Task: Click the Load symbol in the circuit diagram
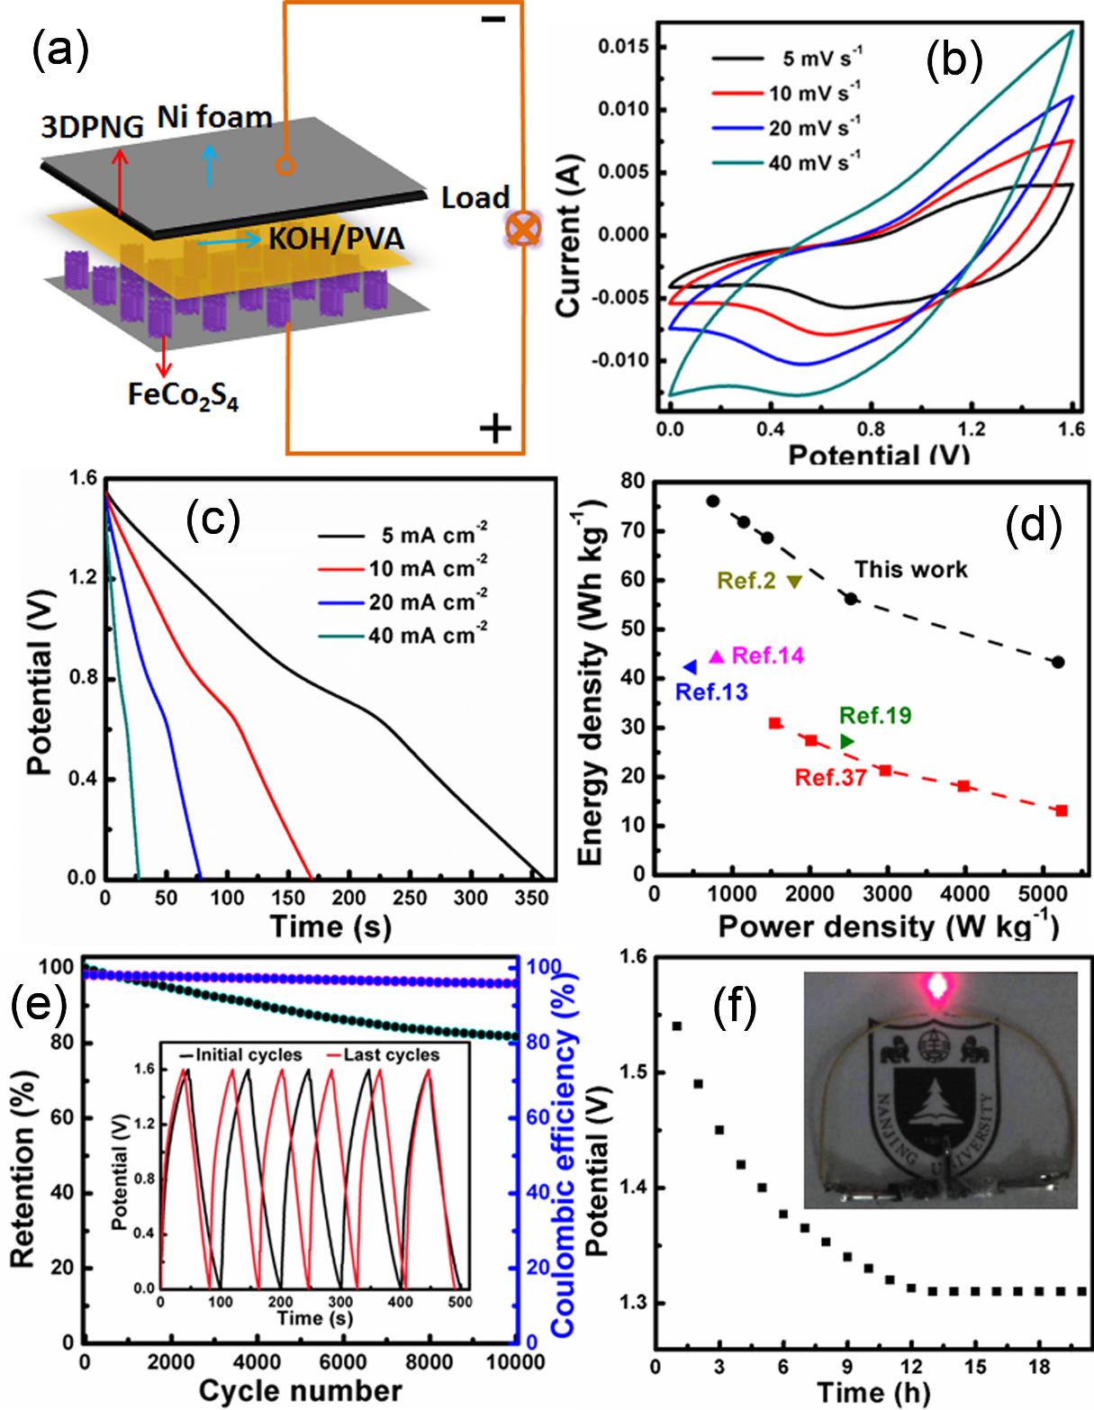(521, 230)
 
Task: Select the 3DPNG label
(91, 127)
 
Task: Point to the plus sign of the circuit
(495, 429)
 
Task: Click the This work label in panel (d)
(910, 569)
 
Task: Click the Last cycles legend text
(392, 1054)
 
